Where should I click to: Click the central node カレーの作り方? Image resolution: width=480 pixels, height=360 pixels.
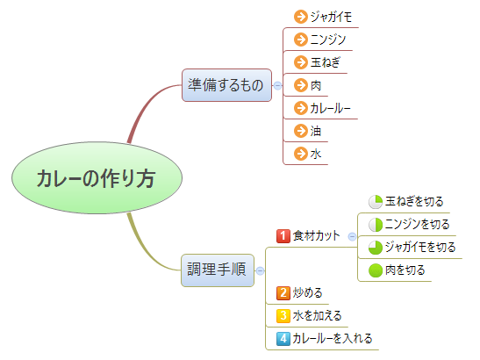pos(97,177)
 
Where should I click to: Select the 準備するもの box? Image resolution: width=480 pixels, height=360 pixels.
pos(226,85)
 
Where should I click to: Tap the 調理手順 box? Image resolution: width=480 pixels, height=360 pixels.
pos(218,270)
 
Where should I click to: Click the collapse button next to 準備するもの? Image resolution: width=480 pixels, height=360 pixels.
pos(277,85)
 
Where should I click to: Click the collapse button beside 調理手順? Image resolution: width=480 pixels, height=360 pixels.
pos(261,270)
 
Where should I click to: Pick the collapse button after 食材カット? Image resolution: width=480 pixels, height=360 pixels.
pos(353,236)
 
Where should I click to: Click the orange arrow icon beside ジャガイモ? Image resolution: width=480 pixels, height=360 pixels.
pos(301,17)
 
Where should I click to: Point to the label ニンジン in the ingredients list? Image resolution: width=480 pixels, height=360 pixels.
pos(328,40)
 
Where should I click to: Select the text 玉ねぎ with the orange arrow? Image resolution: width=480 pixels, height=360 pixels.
pos(325,62)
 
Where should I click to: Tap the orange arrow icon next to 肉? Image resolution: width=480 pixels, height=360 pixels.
pos(301,85)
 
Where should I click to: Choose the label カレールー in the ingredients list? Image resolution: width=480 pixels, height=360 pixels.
pos(330,108)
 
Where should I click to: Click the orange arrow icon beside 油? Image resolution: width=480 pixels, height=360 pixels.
pos(301,131)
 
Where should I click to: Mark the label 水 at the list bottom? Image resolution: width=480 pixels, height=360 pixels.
pos(316,154)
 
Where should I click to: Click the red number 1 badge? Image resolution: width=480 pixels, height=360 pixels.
pos(283,236)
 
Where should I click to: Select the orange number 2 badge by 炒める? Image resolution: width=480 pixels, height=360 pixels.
pos(283,293)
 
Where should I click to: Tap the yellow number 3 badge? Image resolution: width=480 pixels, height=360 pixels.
pos(283,316)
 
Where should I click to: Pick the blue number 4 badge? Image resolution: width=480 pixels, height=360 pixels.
pos(283,339)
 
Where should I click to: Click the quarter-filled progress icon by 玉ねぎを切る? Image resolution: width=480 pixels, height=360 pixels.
pos(376,202)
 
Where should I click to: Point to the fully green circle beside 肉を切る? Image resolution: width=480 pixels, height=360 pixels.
pos(376,270)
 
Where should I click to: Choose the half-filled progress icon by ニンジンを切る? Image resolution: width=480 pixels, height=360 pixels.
pos(376,225)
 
